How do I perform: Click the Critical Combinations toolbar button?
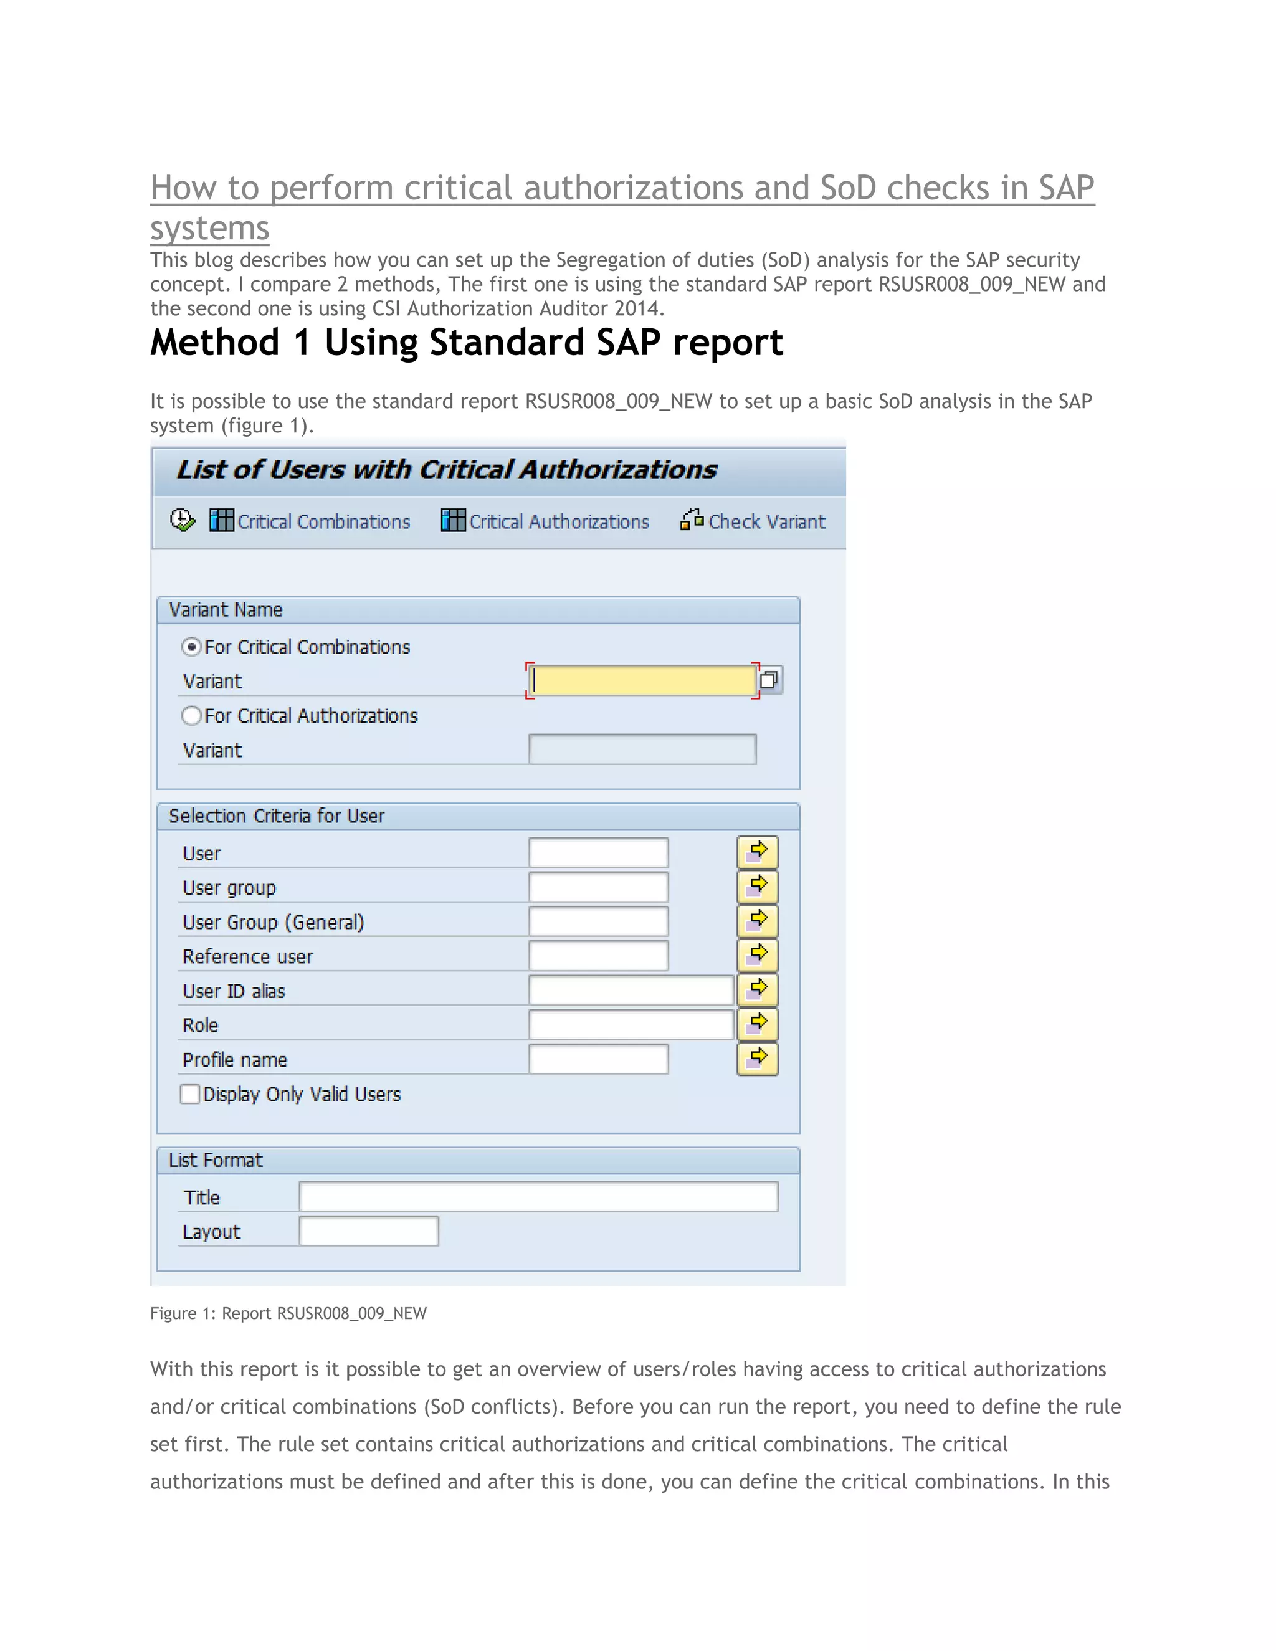point(310,521)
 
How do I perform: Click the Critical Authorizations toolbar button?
point(545,521)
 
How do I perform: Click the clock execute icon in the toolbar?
point(182,521)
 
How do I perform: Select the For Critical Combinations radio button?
point(191,647)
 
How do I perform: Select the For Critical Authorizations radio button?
point(191,716)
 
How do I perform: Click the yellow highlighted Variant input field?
point(642,680)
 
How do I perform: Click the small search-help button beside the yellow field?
point(769,680)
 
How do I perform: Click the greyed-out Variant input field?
point(642,749)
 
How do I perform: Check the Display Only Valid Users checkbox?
point(190,1094)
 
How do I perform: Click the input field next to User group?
point(598,887)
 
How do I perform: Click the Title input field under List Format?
point(538,1197)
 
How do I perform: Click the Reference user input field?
point(598,956)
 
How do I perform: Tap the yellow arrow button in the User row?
point(758,852)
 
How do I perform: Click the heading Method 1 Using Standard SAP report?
point(467,343)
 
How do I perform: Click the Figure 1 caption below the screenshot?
point(288,1313)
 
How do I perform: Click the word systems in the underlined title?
point(209,228)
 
